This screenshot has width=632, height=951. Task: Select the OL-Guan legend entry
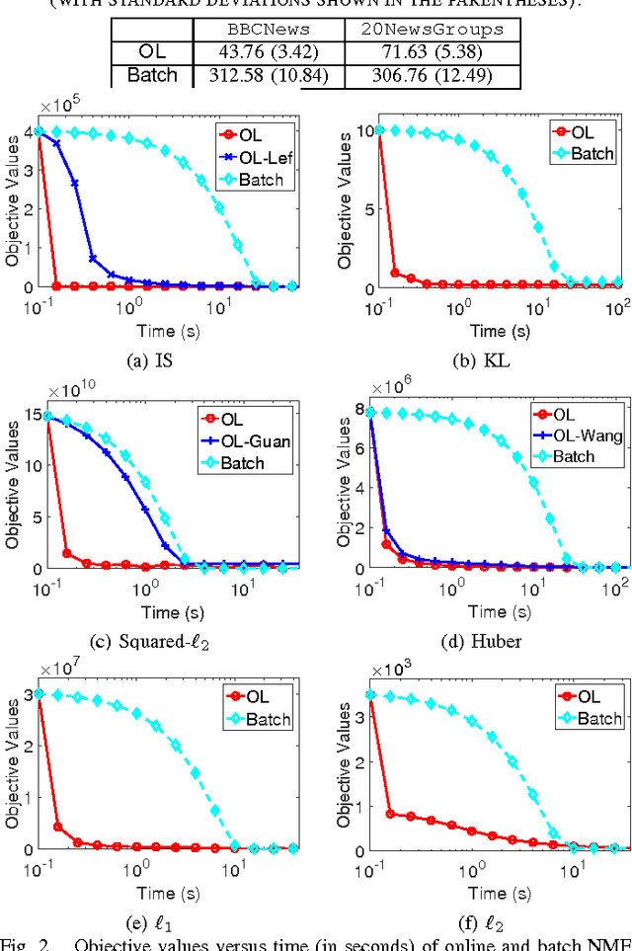[253, 441]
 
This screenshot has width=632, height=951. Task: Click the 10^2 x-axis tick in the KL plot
[618, 304]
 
